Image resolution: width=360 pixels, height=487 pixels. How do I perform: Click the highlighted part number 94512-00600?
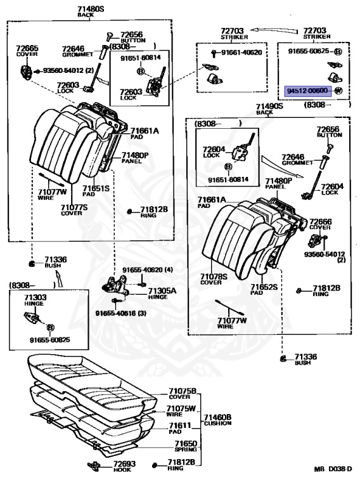point(307,91)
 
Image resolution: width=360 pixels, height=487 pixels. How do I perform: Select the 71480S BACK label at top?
point(91,11)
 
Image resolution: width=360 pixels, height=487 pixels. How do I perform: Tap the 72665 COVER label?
point(27,51)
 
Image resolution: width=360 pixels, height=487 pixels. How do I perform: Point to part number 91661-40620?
point(241,53)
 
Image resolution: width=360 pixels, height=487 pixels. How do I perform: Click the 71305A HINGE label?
point(162,293)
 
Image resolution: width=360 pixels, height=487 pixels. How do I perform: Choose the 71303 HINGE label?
point(35,300)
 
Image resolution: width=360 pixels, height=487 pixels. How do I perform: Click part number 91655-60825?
point(49,340)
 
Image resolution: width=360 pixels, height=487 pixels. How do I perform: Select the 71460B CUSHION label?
point(217,420)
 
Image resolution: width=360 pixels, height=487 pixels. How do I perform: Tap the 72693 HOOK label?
point(124,466)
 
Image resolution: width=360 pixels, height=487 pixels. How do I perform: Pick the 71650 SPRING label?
point(186,446)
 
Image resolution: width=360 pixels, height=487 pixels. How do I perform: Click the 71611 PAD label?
point(180,428)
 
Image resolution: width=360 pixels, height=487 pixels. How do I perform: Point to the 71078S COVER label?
point(214,279)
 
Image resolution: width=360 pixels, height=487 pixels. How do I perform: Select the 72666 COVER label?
point(320,224)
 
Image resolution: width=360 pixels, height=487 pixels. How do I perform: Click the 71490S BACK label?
point(269,108)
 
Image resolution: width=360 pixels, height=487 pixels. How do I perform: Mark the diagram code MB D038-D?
point(333,469)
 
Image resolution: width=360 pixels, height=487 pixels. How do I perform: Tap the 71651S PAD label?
point(96,191)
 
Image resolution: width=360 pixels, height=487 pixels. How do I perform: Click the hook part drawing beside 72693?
point(94,465)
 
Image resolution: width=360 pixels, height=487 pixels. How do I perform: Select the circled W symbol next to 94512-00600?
point(338,91)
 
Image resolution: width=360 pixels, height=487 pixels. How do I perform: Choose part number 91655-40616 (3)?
point(120,313)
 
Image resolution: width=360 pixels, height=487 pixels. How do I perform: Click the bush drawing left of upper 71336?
point(31,264)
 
